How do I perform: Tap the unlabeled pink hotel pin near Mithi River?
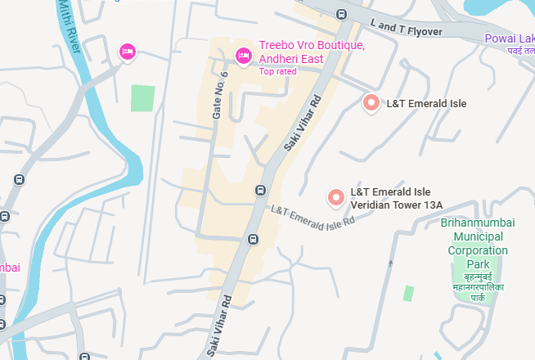(128, 52)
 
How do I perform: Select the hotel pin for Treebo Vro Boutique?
(243, 56)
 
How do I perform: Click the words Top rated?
(279, 72)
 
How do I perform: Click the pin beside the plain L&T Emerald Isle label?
(371, 103)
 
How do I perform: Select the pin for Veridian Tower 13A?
(335, 197)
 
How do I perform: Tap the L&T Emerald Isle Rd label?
(312, 216)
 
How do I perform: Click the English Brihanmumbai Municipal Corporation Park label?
(478, 243)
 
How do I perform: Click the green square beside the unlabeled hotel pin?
(142, 97)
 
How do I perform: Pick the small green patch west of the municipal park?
(408, 293)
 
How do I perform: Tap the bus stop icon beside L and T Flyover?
(341, 13)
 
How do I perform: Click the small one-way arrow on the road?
(391, 263)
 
